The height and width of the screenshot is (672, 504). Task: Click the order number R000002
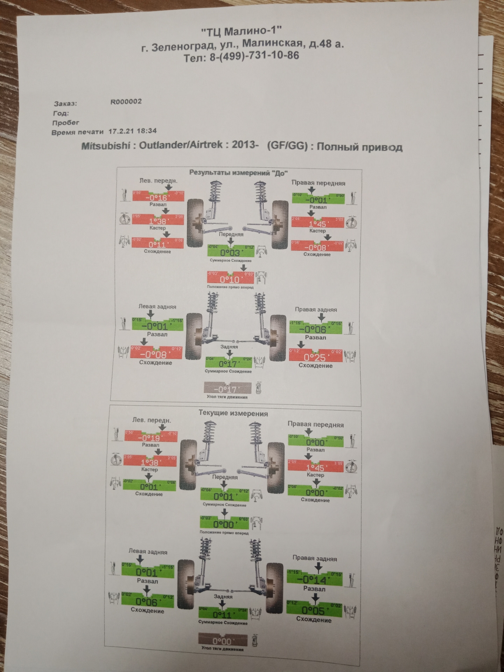[x=126, y=102]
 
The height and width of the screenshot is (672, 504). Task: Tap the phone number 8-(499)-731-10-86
[x=254, y=57]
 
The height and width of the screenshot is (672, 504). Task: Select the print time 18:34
[x=147, y=131]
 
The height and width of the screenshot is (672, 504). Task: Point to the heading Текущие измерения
[x=233, y=413]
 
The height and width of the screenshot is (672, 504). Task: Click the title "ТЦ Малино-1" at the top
[x=241, y=32]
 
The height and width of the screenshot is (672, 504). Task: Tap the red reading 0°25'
[x=315, y=357]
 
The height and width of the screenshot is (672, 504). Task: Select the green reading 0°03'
[x=230, y=253]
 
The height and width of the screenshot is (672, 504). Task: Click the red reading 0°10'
[x=230, y=279]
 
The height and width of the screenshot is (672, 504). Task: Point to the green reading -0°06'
[x=315, y=329]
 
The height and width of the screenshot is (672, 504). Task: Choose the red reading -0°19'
[x=151, y=438]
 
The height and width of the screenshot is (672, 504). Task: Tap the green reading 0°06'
[x=147, y=602]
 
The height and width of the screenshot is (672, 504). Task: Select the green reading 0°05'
[x=313, y=610]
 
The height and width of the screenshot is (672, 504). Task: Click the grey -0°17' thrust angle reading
[x=227, y=389]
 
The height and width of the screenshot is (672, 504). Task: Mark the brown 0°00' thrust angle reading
[x=222, y=641]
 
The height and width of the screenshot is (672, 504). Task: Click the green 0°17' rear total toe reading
[x=228, y=363]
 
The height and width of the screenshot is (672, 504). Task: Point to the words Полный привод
[x=359, y=147]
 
